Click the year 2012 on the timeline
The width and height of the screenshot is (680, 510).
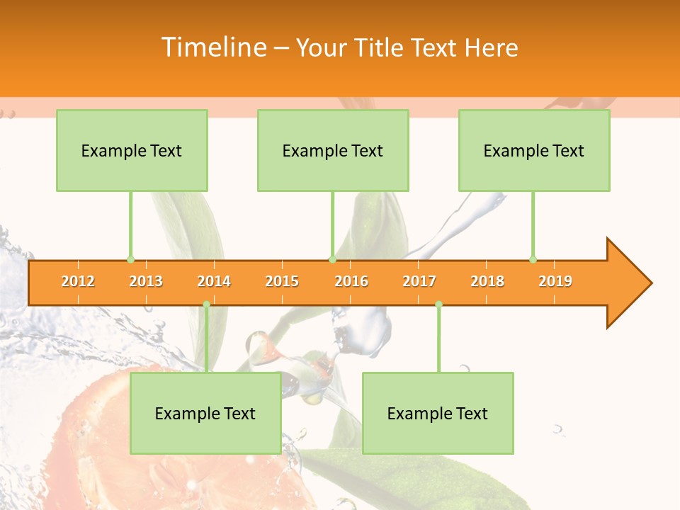point(78,281)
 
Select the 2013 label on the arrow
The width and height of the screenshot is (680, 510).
point(146,281)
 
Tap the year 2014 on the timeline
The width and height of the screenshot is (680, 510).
point(214,281)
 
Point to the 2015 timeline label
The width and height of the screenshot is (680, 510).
point(282,281)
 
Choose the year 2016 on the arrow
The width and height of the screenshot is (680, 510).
point(351,281)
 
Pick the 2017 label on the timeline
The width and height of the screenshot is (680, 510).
point(419,281)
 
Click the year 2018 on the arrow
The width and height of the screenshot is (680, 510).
point(487,281)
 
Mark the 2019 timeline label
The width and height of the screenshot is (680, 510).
point(555,281)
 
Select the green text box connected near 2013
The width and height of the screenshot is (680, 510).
point(132,150)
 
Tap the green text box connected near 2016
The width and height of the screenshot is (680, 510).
point(333,150)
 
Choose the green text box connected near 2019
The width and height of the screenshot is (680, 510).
point(534,150)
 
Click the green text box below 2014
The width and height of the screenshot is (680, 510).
point(205,413)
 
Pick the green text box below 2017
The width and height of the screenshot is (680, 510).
point(438,413)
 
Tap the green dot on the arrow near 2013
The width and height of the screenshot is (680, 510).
point(130,260)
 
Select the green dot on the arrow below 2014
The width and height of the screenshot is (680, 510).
point(206,305)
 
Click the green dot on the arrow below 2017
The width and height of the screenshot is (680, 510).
point(438,305)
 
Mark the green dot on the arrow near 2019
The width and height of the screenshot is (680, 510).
point(533,260)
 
